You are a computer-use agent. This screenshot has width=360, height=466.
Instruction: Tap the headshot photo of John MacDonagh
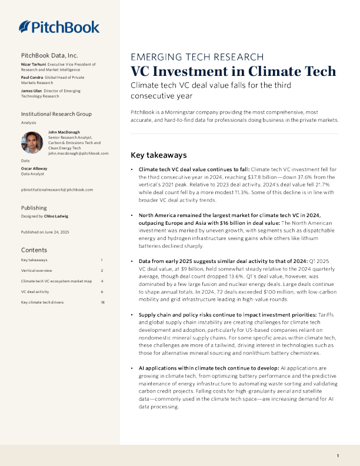pos(31,142)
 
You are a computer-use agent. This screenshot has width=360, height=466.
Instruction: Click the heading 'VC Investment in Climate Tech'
pos(233,72)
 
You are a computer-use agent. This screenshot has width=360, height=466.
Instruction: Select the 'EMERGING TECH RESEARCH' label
pos(196,57)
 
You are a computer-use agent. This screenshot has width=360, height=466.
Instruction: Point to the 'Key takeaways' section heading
pos(158,156)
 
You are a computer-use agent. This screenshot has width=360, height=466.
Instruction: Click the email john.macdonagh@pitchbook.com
pos(78,153)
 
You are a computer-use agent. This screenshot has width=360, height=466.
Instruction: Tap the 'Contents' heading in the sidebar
pos(34,249)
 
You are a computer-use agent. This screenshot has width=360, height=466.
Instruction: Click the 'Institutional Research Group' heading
pos(56,113)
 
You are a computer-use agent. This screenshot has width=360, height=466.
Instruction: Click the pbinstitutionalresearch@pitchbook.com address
pos(56,189)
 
